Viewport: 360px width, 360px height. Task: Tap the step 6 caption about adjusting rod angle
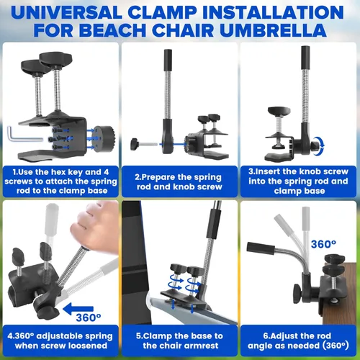298,340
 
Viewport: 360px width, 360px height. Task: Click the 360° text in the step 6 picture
323,244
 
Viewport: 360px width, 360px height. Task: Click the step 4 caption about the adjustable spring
58,340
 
